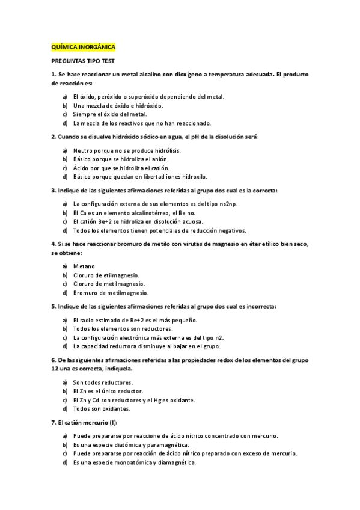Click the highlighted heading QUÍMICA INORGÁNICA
82,46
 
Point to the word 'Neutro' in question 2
84,150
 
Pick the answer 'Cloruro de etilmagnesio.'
106,275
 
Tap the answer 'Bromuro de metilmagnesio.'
111,293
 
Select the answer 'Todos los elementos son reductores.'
123,329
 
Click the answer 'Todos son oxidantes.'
100,409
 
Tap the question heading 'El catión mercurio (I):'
89,423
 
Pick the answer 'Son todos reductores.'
103,382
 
